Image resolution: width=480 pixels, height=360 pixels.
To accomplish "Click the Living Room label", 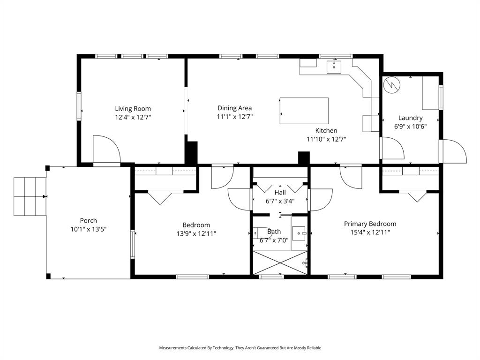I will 133,108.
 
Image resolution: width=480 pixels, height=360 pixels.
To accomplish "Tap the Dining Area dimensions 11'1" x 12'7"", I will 234,117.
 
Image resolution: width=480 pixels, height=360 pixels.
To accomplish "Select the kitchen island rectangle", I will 304,111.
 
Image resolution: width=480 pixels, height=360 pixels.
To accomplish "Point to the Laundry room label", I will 410,118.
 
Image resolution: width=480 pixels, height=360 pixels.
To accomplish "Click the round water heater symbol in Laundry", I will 391,84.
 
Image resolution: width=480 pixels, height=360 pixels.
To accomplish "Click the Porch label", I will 88,221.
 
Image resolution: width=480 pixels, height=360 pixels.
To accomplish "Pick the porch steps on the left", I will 30,196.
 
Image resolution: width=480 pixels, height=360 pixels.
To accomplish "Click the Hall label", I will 280,193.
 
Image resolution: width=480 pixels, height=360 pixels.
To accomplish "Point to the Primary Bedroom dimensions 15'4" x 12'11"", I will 370,232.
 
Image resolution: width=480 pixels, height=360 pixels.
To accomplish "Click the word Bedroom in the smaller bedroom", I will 196,225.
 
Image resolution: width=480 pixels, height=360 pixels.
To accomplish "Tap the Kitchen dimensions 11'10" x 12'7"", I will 326,139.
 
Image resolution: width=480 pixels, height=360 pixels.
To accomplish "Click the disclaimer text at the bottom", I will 240,348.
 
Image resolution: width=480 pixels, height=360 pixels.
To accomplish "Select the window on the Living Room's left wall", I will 79,106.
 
